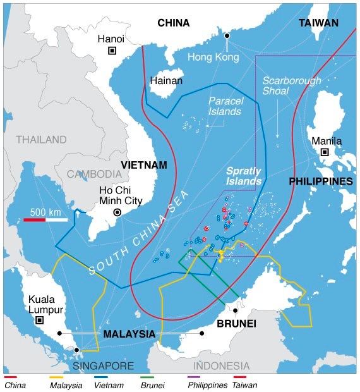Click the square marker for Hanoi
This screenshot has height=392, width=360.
click(112, 51)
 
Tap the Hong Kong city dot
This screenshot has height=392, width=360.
click(227, 35)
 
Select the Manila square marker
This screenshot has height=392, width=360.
click(325, 152)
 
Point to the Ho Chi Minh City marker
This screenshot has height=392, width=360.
click(117, 213)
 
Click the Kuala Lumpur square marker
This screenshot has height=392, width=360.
click(40, 321)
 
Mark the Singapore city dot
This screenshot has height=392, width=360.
click(76, 350)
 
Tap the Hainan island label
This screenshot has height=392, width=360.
click(166, 81)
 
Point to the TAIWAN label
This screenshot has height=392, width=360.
click(319, 23)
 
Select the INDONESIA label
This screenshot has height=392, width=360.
click(221, 365)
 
